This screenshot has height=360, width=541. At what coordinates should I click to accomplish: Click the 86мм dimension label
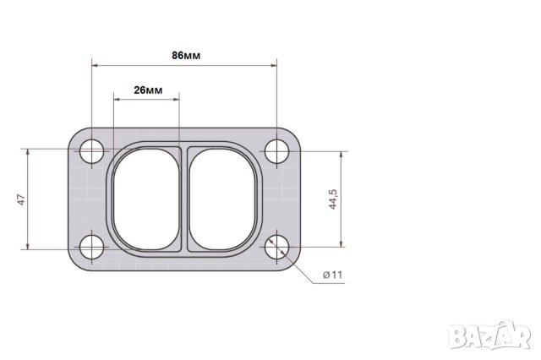click(186, 56)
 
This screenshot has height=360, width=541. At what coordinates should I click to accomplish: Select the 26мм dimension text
click(148, 90)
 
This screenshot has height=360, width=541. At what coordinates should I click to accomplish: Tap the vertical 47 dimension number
click(21, 199)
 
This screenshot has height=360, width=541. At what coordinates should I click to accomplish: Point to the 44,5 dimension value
click(332, 199)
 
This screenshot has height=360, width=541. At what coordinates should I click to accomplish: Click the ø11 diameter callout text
click(332, 275)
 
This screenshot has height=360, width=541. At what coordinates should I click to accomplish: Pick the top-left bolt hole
click(91, 151)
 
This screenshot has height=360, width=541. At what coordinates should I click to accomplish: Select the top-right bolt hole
click(276, 151)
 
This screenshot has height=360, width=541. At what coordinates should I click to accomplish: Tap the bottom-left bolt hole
click(91, 247)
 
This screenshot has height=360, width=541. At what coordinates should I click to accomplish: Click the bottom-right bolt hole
click(276, 247)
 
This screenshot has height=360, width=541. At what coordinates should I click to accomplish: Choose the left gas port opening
click(146, 199)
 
